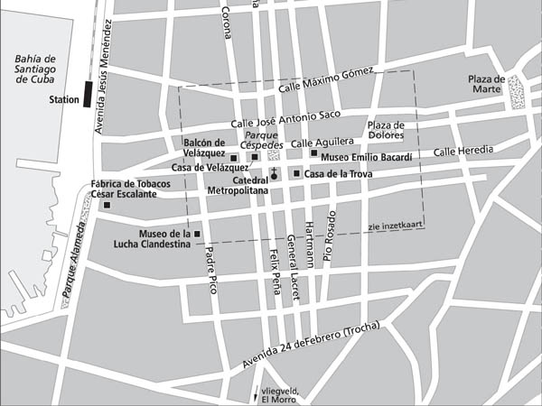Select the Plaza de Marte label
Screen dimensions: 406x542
point(485,84)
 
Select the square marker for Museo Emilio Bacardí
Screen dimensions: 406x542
point(313,152)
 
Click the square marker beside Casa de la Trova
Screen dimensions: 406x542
point(296,173)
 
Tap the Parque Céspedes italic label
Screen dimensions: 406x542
point(263,144)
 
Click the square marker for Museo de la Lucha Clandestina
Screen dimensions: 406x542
point(197,235)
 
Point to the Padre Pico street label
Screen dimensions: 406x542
point(211,270)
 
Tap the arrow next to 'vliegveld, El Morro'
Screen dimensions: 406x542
point(255,394)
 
